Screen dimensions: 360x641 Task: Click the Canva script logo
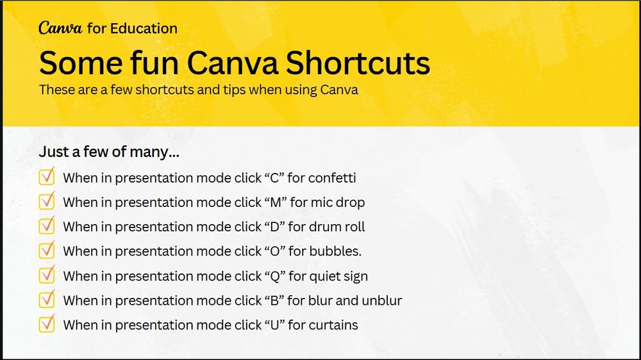point(59,28)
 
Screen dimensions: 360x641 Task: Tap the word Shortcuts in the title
point(358,63)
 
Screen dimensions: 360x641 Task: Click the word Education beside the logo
point(144,28)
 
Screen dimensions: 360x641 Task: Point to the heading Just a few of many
point(109,153)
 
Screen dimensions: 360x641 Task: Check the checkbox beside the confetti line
point(47,177)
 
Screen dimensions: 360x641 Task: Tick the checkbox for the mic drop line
point(47,202)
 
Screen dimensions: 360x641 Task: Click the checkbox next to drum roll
point(47,226)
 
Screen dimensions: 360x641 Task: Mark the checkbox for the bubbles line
point(47,250)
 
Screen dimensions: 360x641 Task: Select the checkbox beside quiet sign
point(47,275)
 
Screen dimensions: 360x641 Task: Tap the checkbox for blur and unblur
point(47,300)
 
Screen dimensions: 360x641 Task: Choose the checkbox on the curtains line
point(47,324)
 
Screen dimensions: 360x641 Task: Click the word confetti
point(331,178)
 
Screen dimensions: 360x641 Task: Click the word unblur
point(381,300)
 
